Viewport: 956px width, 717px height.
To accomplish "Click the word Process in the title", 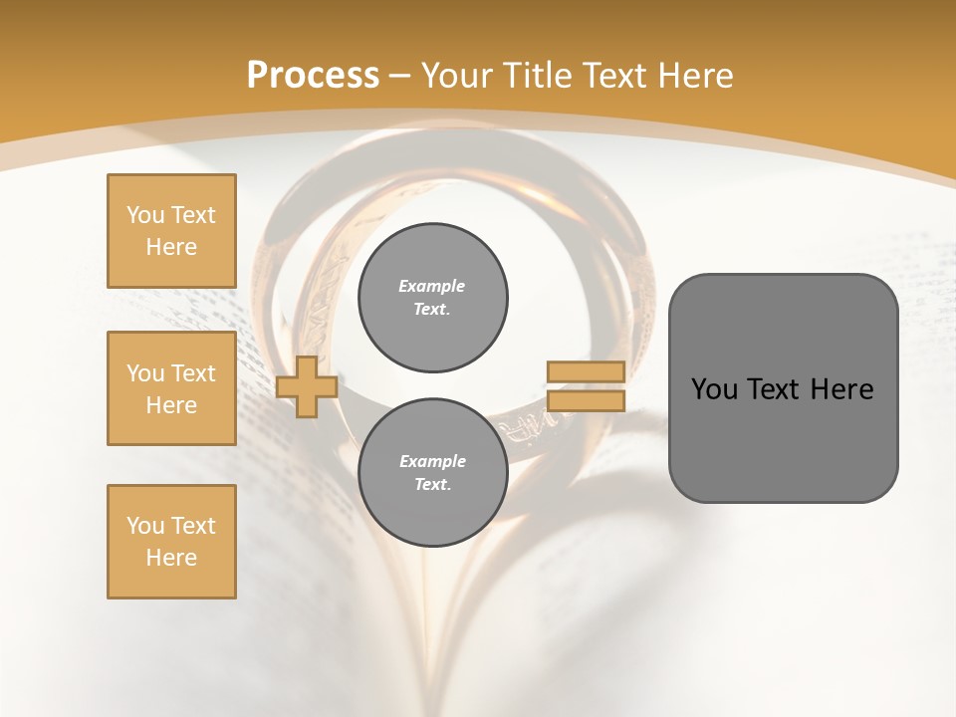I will (313, 76).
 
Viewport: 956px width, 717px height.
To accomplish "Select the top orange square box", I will (171, 231).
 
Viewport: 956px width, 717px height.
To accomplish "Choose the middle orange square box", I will (171, 388).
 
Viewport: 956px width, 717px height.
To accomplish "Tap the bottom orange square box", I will (171, 542).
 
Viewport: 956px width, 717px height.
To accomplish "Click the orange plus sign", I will (307, 386).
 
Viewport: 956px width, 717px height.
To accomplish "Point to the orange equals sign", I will (586, 386).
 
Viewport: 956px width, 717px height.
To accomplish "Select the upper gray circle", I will (433, 298).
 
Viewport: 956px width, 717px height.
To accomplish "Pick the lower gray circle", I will (433, 473).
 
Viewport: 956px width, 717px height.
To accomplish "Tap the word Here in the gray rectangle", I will (841, 389).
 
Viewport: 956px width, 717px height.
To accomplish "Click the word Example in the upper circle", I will (431, 286).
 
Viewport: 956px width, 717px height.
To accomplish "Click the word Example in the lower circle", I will (432, 461).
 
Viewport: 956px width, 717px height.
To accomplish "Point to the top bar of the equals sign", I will (586, 371).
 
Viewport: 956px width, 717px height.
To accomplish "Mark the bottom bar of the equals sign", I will (586, 400).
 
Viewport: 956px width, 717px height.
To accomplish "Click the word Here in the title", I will (693, 76).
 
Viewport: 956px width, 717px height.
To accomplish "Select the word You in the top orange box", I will (145, 215).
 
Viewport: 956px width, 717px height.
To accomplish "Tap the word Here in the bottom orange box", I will (171, 558).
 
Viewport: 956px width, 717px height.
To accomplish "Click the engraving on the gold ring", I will (522, 426).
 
